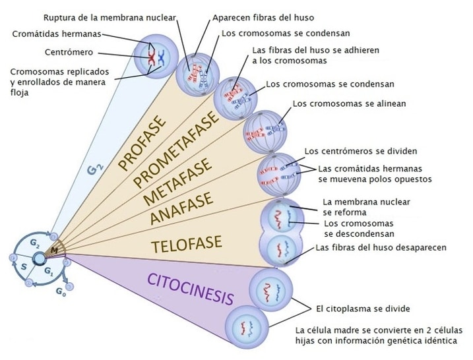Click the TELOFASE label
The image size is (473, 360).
[183, 247]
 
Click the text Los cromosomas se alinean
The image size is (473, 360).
[349, 104]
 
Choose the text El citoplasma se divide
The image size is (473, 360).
[362, 309]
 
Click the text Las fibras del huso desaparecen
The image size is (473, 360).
[381, 248]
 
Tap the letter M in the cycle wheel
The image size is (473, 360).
[54, 251]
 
